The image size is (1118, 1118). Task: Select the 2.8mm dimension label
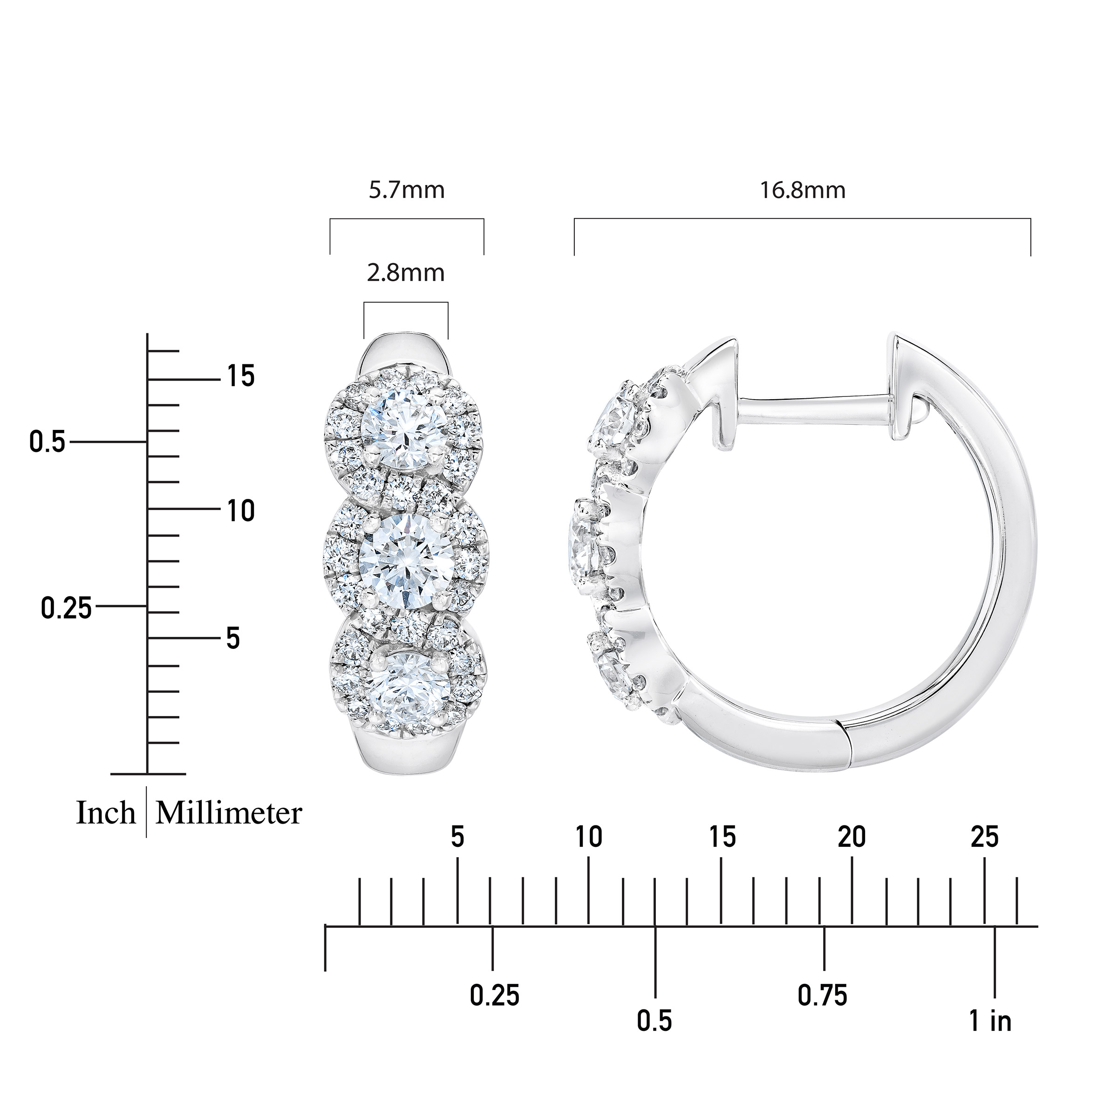406,273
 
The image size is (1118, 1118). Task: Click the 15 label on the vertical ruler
241,377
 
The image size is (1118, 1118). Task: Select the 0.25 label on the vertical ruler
67,609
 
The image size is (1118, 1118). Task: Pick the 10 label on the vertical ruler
241,511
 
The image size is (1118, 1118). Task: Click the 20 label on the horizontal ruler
852,838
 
